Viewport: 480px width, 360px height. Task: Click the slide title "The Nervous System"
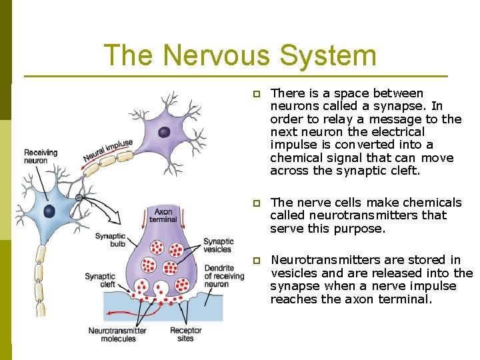click(x=240, y=55)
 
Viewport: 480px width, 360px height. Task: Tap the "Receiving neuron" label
click(x=41, y=156)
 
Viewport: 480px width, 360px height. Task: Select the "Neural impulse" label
click(x=108, y=151)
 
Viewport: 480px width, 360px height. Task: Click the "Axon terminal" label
click(x=163, y=215)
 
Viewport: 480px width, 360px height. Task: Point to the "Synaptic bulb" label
click(x=110, y=240)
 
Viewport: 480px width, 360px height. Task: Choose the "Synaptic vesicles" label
click(x=219, y=245)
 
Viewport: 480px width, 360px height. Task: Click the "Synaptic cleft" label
click(x=100, y=281)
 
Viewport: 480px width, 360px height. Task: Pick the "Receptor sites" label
click(x=186, y=334)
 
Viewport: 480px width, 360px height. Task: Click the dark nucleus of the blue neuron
click(x=49, y=211)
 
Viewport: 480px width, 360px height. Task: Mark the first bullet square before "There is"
click(x=257, y=94)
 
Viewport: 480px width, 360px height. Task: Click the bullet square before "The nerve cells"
click(x=257, y=203)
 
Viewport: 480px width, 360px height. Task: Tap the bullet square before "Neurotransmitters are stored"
click(x=257, y=261)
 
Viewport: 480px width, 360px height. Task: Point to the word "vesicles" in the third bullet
click(x=294, y=273)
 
